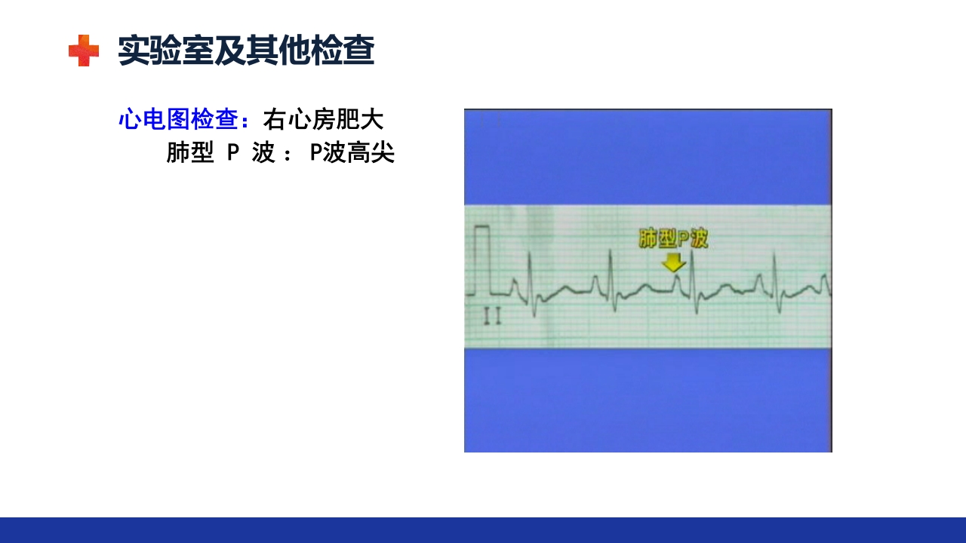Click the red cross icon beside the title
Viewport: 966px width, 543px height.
(x=83, y=51)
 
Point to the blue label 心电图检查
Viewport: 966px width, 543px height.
(x=178, y=119)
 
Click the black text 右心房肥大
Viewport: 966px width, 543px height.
(x=323, y=119)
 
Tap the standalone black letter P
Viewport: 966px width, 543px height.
(x=233, y=153)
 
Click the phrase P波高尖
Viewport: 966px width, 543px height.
(x=352, y=153)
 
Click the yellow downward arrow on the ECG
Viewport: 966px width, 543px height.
(x=673, y=262)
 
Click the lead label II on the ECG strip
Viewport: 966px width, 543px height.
(x=492, y=318)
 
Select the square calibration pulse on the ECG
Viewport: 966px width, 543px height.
(x=481, y=260)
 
